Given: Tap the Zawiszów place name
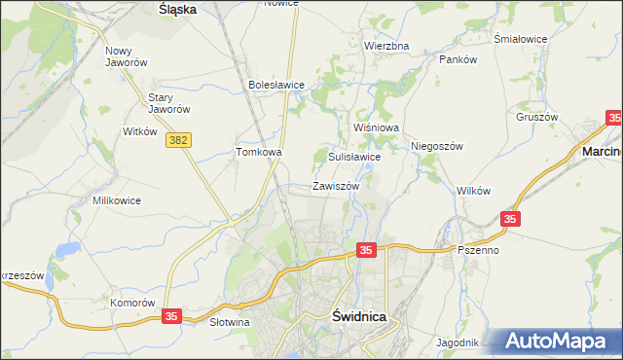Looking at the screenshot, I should pyautogui.click(x=337, y=186).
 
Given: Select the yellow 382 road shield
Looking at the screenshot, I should pyautogui.click(x=178, y=141).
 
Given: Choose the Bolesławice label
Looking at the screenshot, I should pyautogui.click(x=276, y=85).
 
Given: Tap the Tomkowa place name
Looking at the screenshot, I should pyautogui.click(x=259, y=152).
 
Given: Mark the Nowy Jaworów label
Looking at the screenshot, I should pyautogui.click(x=126, y=56).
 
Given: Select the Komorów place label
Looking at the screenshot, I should pyautogui.click(x=132, y=303).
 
